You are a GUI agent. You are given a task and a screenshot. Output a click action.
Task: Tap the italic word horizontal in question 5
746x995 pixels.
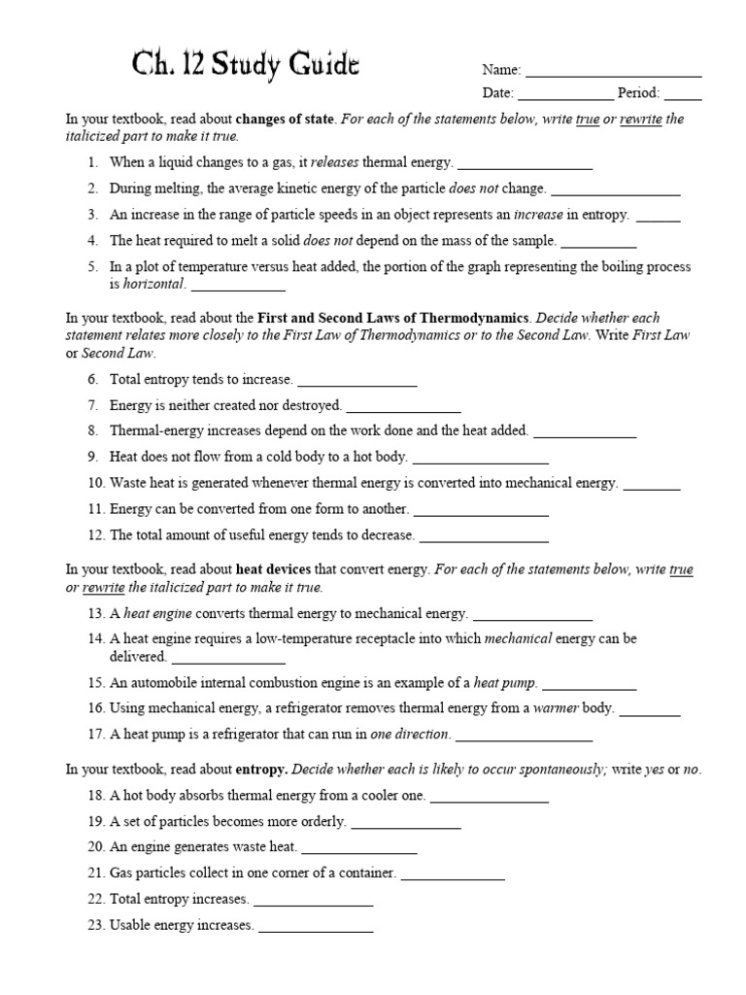tap(153, 285)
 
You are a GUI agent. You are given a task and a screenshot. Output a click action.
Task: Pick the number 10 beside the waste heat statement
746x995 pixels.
tap(95, 483)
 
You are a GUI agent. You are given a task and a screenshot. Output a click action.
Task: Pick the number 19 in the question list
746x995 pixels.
tap(95, 822)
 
